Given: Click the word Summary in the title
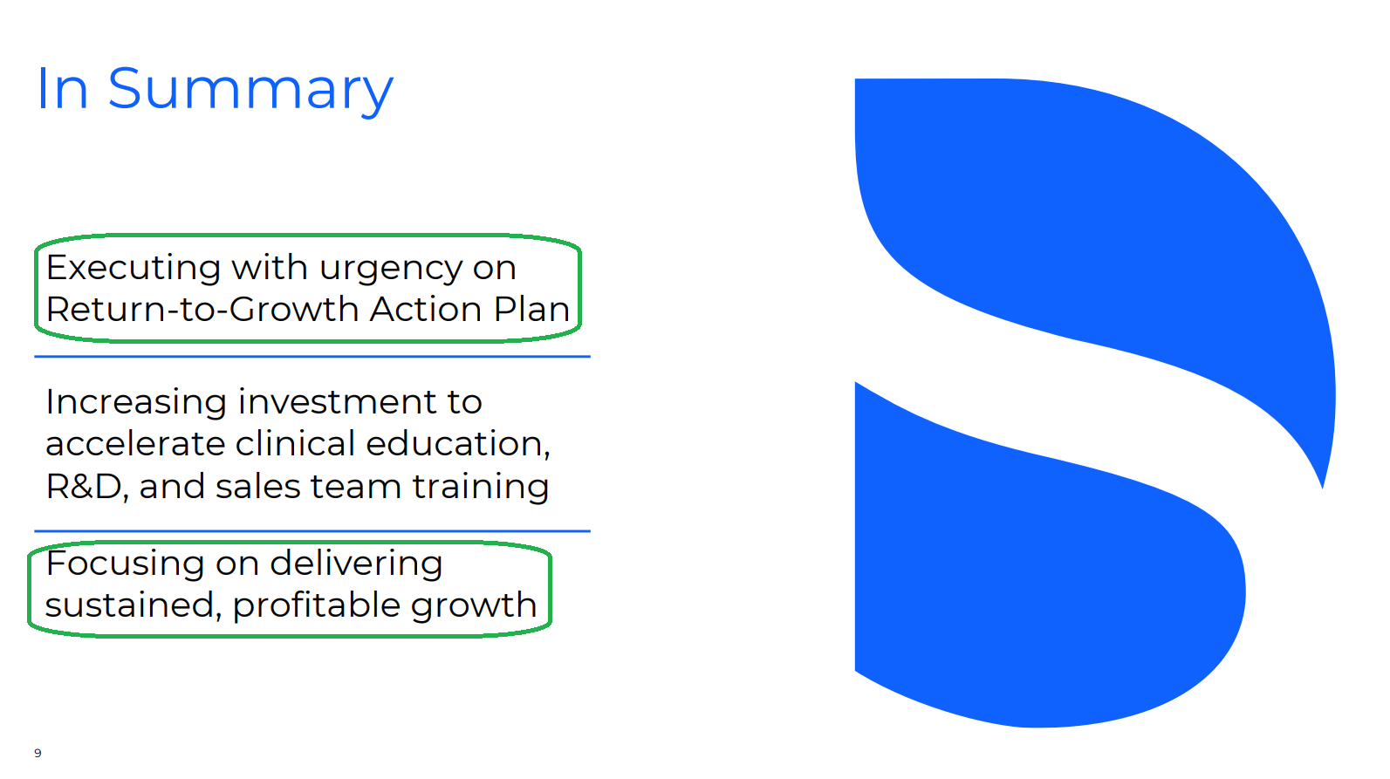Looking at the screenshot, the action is [250, 91].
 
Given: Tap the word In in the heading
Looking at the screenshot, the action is [62, 89].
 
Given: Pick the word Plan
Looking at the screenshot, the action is [531, 310].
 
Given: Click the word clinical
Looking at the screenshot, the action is [296, 443].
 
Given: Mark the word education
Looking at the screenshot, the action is [458, 445].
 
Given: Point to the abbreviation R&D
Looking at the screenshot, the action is [86, 486].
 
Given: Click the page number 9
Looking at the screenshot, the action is [38, 753].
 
